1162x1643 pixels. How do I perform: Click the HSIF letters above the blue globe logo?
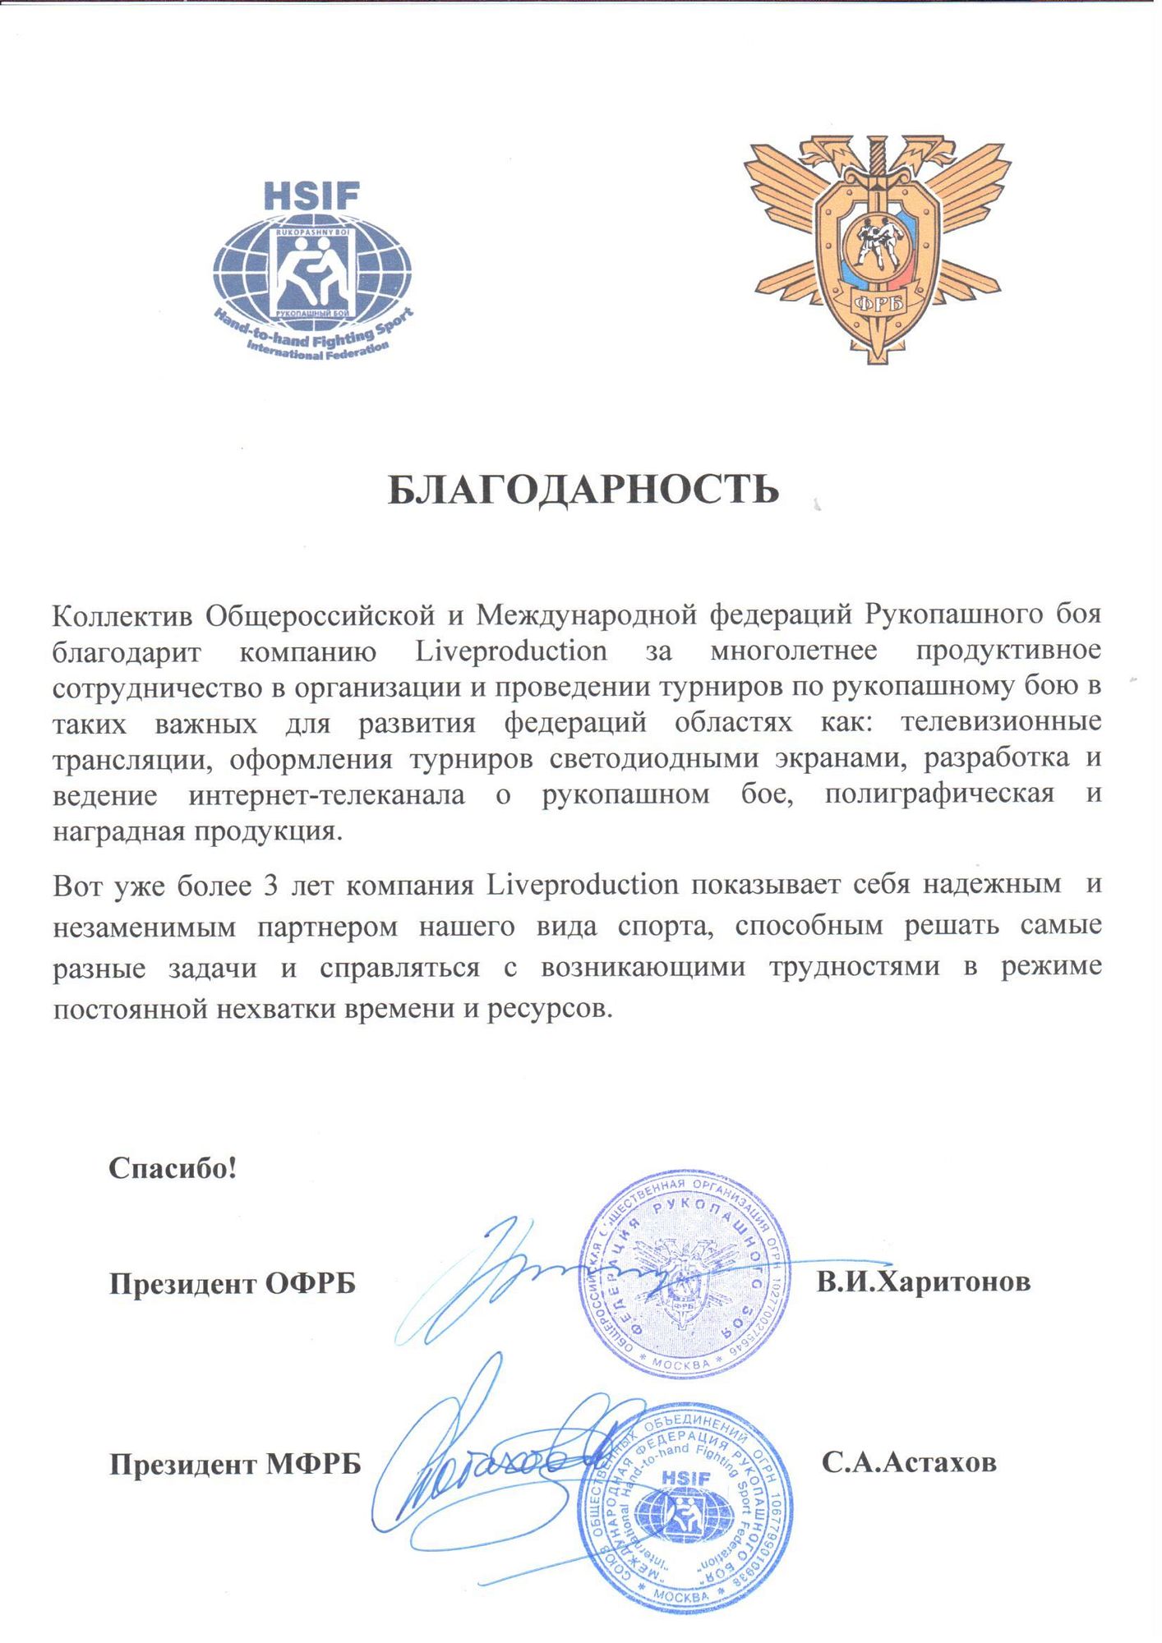pyautogui.click(x=311, y=196)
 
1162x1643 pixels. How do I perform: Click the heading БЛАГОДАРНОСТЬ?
pyautogui.click(x=583, y=490)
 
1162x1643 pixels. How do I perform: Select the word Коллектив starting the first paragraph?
pyautogui.click(x=122, y=614)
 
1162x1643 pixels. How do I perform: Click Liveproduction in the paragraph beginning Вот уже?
pyautogui.click(x=583, y=885)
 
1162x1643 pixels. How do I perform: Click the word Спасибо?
pyautogui.click(x=173, y=1167)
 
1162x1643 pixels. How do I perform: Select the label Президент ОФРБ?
pyautogui.click(x=233, y=1283)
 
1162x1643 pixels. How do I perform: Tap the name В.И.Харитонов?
pyautogui.click(x=923, y=1282)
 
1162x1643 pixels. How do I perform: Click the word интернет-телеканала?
pyautogui.click(x=326, y=794)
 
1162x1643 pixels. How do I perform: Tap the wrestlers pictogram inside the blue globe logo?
pyautogui.click(x=311, y=275)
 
